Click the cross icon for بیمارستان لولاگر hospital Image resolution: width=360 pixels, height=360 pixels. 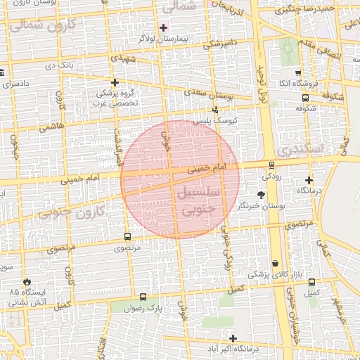[164, 27]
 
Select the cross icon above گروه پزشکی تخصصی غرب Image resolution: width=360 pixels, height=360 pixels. [115, 82]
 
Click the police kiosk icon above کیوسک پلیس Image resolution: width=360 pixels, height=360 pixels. [215, 110]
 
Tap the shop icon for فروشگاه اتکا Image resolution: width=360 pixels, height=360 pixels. [299, 72]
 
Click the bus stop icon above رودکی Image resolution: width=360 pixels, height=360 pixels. [271, 165]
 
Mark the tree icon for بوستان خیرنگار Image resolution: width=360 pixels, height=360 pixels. [262, 194]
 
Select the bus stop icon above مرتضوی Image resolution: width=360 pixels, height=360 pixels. [127, 237]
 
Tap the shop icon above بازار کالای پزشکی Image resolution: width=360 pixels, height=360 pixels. [274, 263]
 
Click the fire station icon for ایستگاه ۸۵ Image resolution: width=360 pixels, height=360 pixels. [27, 280]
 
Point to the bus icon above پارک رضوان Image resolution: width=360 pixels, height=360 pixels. [143, 297]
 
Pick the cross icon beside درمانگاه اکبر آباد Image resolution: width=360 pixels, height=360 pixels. [233, 338]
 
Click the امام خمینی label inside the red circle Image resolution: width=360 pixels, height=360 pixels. [208, 169]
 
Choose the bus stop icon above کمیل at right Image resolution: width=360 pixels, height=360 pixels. [311, 283]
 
